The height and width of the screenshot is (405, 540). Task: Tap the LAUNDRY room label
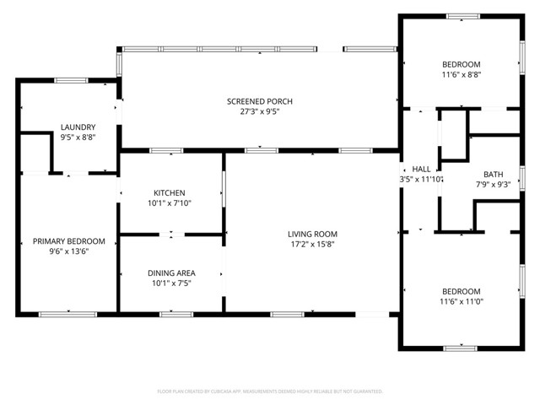[x=72, y=127]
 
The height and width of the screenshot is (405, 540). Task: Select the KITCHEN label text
[x=169, y=192]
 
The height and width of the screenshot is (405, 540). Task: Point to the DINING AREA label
[x=171, y=273]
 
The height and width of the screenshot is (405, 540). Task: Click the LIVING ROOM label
[x=312, y=234]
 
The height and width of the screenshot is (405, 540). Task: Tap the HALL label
[x=421, y=169]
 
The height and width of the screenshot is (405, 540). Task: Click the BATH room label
[x=494, y=174]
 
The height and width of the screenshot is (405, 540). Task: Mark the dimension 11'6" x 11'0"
[x=461, y=301]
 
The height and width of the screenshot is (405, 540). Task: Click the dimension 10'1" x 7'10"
[x=169, y=202]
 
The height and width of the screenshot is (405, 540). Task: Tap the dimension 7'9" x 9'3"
[x=494, y=184]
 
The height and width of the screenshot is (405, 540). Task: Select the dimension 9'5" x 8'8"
[x=72, y=137]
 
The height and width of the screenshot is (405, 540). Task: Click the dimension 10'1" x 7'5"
[x=171, y=283]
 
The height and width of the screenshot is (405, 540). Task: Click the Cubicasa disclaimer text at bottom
[x=270, y=391]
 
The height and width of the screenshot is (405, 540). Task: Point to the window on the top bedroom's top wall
[x=461, y=15]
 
